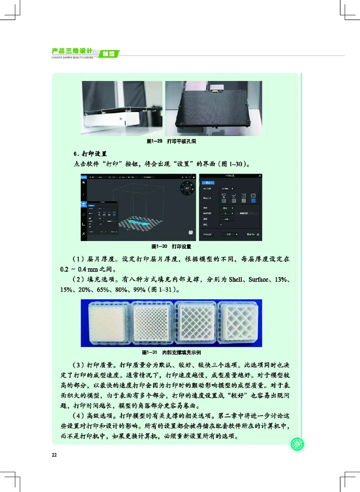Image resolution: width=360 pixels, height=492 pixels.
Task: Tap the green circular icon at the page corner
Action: point(297,444)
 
